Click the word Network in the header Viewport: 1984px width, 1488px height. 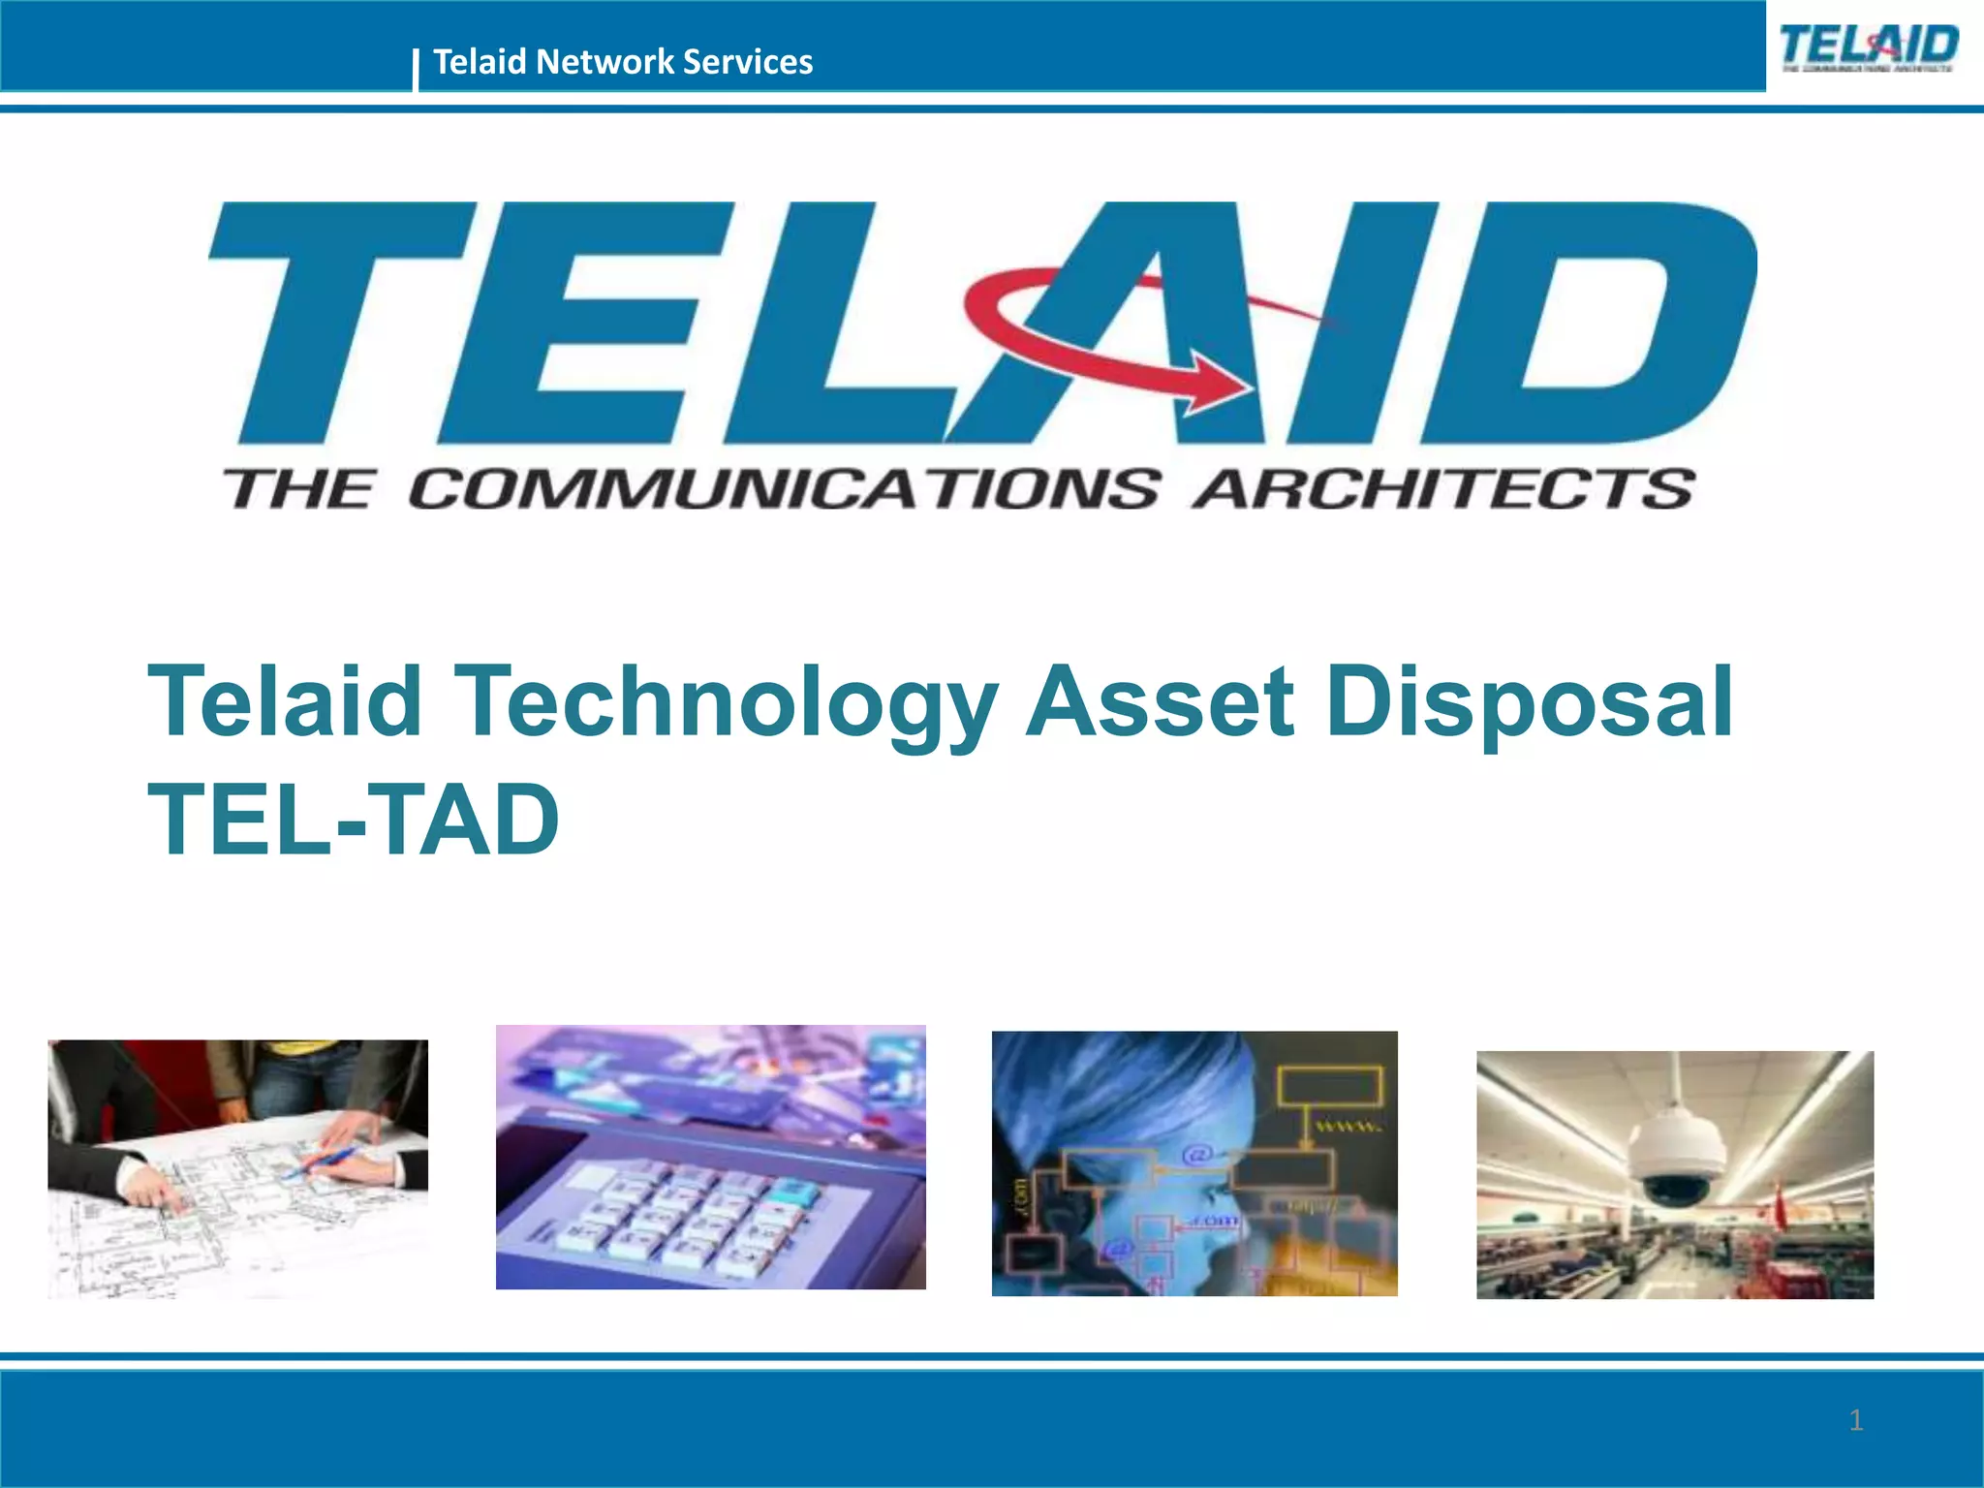[604, 62]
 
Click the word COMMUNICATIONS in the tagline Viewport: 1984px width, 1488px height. [784, 488]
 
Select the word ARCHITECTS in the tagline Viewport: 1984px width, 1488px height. [1443, 488]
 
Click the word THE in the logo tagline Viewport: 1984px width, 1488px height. [297, 488]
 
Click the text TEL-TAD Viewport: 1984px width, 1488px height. [354, 820]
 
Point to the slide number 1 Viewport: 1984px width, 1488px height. [1855, 1420]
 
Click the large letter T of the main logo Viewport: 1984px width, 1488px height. [339, 320]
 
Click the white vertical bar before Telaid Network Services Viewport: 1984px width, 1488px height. [416, 69]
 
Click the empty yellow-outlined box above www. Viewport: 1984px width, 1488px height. [1329, 1085]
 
